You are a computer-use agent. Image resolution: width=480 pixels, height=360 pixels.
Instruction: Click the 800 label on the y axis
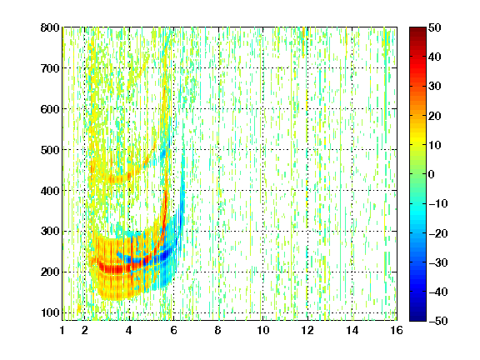tap(50, 27)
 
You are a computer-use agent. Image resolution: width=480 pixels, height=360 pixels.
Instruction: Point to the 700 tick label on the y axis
tap(50, 68)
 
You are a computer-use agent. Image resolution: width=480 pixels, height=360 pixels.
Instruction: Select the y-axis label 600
tap(50, 109)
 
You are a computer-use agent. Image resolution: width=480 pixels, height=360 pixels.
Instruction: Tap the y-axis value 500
tap(50, 150)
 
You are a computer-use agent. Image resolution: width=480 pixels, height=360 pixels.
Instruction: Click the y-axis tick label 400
tap(50, 191)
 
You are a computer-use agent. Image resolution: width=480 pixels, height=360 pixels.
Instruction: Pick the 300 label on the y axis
tap(50, 232)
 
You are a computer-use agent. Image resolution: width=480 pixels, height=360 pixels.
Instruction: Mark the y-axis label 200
tap(50, 272)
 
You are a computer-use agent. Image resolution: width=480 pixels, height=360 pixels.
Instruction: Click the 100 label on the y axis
tap(50, 312)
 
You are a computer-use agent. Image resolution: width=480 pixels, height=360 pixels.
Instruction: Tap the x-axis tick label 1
tap(62, 330)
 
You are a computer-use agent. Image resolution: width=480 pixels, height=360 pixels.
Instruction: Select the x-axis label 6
tap(173, 330)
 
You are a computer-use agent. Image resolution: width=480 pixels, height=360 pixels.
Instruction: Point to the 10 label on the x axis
tap(262, 330)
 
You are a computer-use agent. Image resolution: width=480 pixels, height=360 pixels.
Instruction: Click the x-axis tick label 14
tap(352, 330)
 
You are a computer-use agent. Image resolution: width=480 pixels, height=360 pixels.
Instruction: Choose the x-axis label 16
tap(397, 330)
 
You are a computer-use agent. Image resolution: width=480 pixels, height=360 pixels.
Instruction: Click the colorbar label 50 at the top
tap(435, 27)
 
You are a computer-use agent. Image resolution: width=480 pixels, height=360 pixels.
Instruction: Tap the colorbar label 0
tap(432, 174)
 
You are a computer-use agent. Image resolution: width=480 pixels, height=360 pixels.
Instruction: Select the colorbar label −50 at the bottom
tap(438, 321)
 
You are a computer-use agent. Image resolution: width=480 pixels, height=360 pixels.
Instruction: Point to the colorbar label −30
tap(438, 262)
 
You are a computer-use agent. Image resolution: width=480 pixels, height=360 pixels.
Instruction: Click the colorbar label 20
tap(435, 116)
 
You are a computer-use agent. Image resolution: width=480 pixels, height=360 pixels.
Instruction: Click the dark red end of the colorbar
tap(417, 31)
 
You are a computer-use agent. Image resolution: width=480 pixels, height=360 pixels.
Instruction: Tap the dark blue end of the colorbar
tap(417, 317)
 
